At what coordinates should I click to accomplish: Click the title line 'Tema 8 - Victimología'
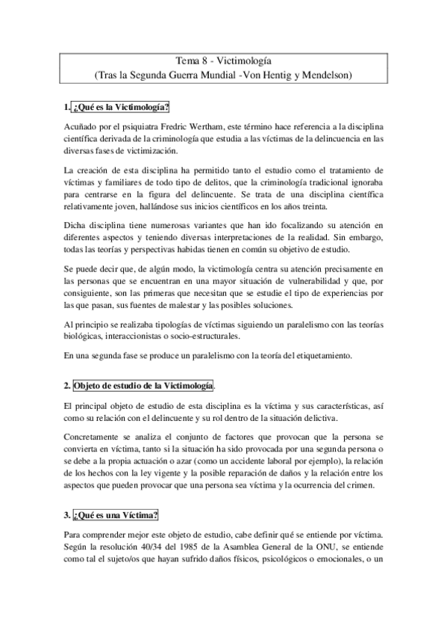[223, 63]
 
